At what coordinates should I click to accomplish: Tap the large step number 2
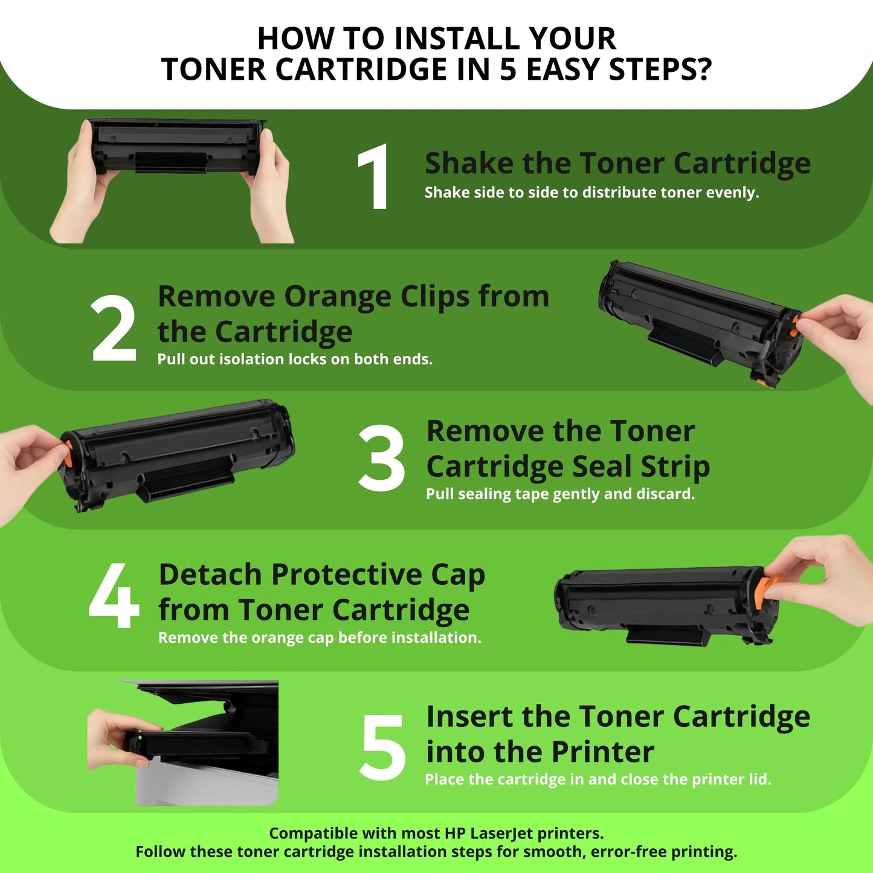tap(114, 329)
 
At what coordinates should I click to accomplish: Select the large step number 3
tap(381, 458)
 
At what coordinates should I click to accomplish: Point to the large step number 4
tap(114, 596)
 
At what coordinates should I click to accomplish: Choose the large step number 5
tap(382, 747)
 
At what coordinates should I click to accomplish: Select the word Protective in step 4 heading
tap(347, 575)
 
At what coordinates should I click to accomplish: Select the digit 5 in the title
tap(509, 69)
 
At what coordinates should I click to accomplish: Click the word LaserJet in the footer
tap(501, 834)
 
